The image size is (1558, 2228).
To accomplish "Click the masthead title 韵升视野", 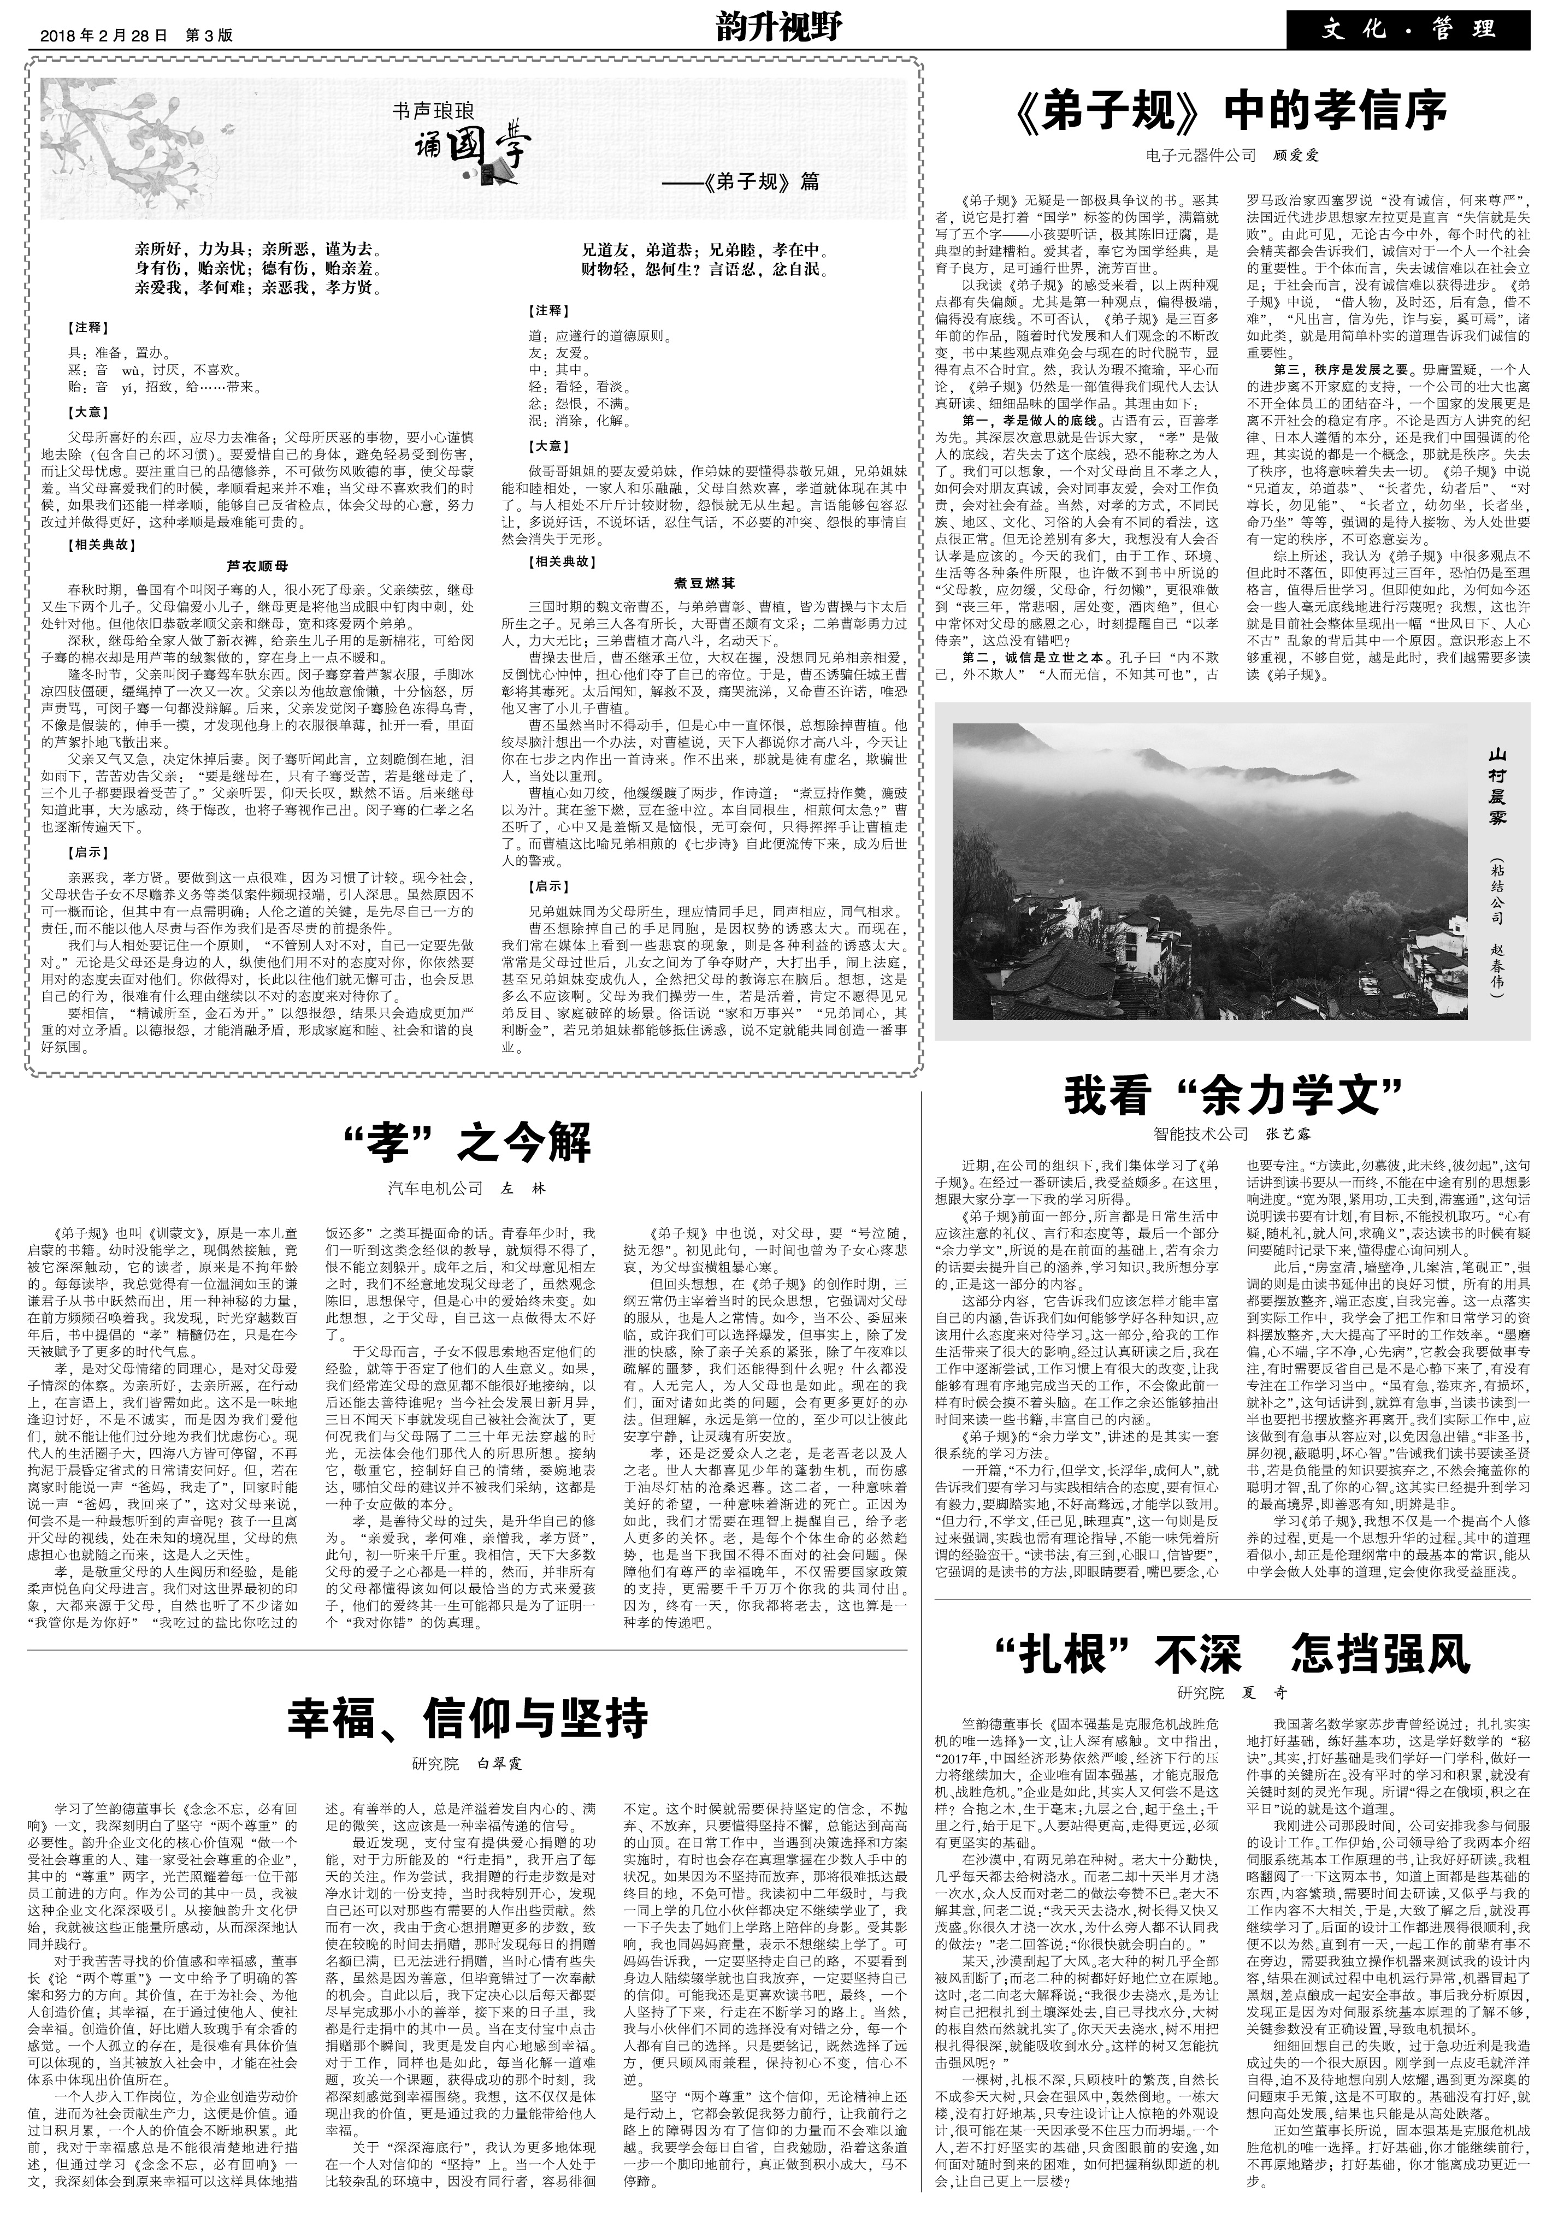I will tap(778, 27).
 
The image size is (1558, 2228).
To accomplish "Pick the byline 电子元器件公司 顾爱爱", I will tap(1233, 154).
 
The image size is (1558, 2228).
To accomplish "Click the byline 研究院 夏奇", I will tap(1233, 1692).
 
